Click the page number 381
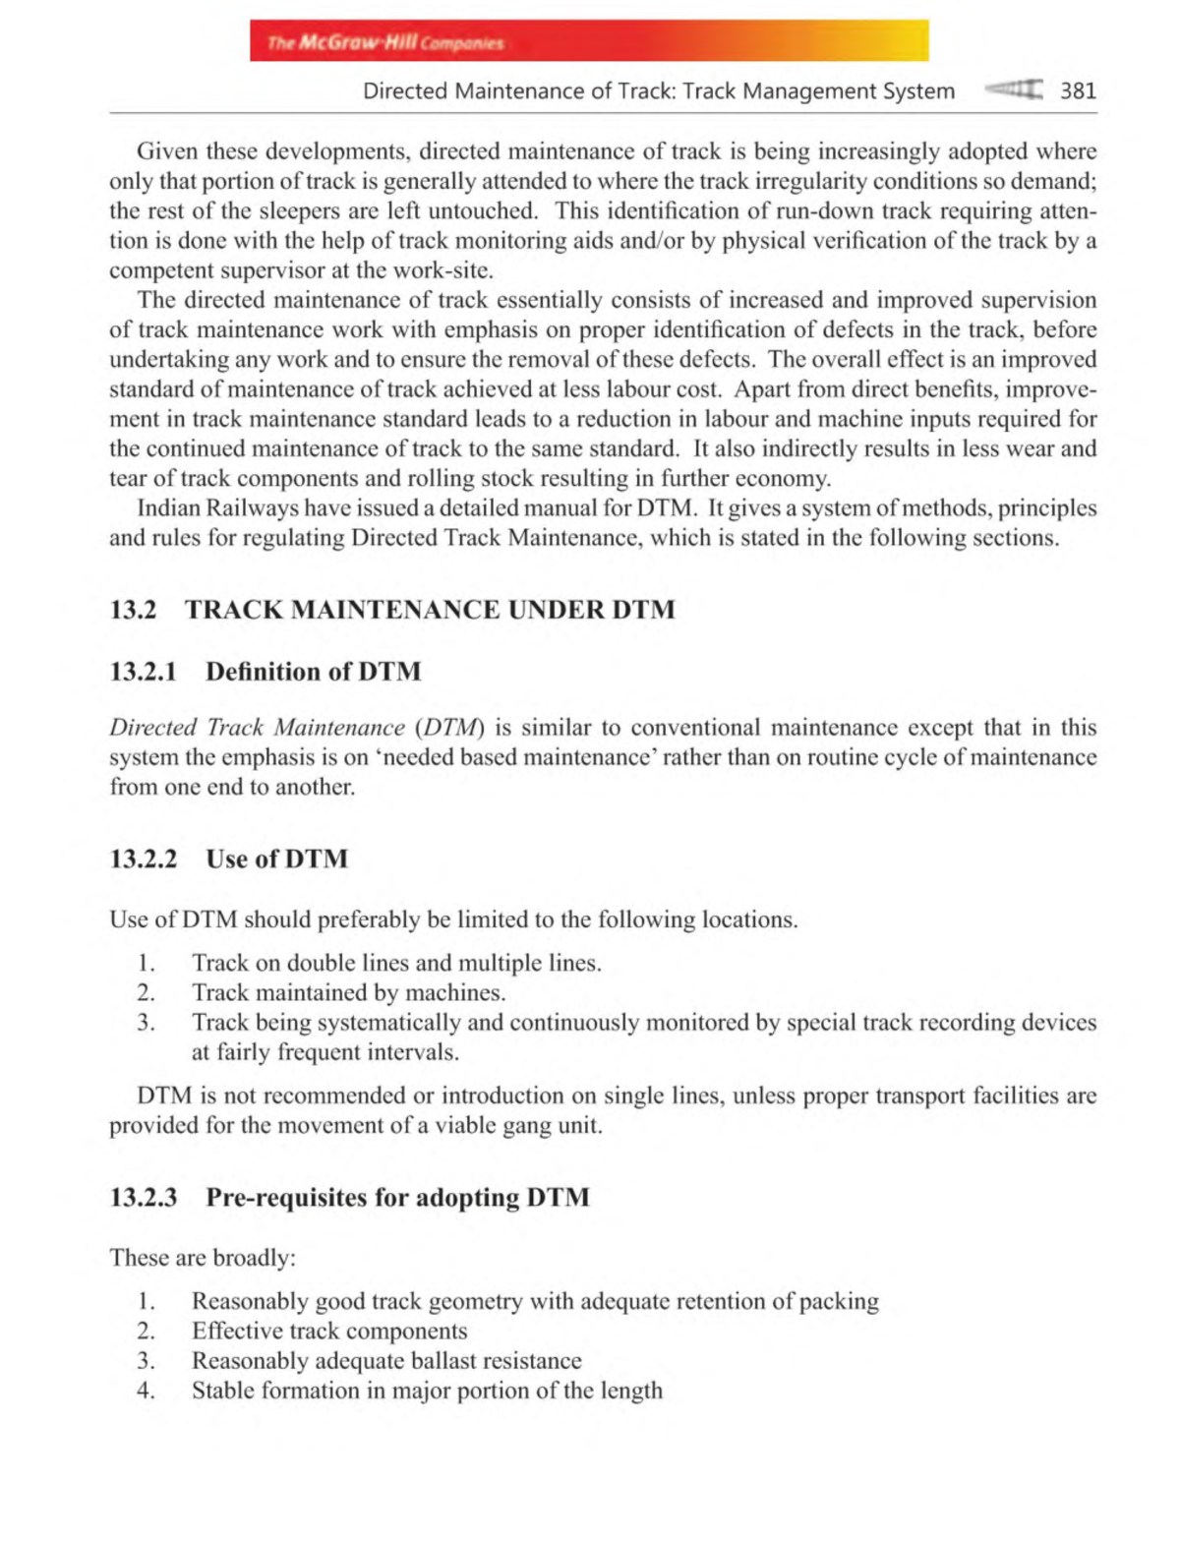(1078, 91)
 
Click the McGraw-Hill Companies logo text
(385, 43)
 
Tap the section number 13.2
(133, 610)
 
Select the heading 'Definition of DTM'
(313, 672)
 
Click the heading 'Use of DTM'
(276, 859)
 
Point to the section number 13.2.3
(144, 1198)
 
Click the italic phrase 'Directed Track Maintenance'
(257, 728)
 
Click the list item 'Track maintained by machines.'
(348, 993)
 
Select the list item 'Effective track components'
(329, 1332)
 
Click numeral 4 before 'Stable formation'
(146, 1391)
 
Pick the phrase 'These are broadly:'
(203, 1259)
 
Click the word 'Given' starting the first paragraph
(166, 151)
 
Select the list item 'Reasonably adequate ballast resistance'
(386, 1361)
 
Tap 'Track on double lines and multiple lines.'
(396, 964)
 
